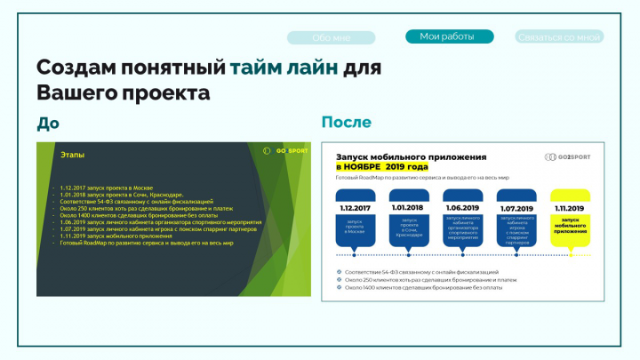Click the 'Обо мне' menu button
click(332, 37)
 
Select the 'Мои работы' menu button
click(447, 36)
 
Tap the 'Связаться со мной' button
click(559, 37)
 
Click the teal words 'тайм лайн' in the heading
click(284, 68)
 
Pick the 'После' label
click(346, 123)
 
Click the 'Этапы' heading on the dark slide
click(72, 155)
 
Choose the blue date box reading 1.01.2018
click(409, 208)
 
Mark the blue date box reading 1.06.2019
click(462, 208)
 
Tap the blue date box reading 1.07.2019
click(517, 208)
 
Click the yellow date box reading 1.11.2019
click(570, 208)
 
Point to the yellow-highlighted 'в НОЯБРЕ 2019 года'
click(381, 167)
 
